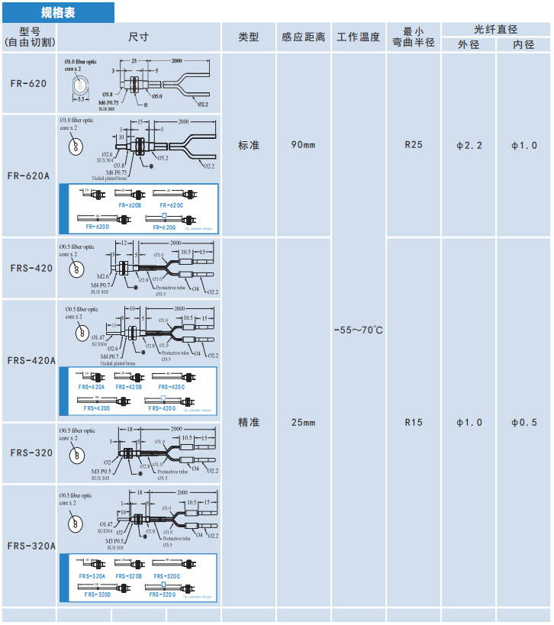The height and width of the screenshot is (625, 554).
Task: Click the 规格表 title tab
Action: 58,12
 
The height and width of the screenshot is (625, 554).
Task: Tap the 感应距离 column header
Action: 303,37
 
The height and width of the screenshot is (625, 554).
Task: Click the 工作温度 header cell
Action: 359,37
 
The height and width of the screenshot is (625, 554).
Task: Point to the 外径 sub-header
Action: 468,45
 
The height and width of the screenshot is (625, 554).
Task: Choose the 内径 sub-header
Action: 523,45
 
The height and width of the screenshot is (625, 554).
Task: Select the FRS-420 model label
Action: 31,268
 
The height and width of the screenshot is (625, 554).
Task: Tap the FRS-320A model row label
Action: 31,546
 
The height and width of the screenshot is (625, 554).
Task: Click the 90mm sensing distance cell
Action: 303,145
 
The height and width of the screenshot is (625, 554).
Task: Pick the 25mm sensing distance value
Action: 303,422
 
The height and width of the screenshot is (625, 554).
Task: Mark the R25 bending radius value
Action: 414,145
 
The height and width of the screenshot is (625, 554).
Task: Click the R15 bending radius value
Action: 414,422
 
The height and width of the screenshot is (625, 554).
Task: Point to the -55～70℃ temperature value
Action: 359,330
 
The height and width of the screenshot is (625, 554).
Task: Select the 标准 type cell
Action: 249,145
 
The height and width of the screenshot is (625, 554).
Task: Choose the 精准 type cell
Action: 249,422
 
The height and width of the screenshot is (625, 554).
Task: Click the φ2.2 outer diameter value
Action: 469,145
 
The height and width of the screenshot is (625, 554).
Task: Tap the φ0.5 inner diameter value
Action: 523,422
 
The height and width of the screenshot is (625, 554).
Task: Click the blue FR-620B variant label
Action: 130,205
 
